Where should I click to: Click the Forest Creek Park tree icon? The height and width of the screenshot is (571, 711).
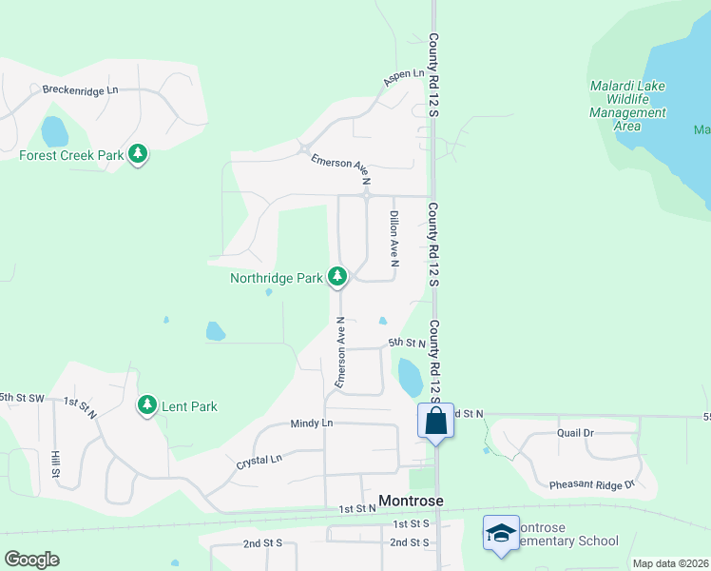(139, 154)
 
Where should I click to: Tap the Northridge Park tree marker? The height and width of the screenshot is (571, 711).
(336, 277)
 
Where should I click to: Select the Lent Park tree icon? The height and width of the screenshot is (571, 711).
(146, 405)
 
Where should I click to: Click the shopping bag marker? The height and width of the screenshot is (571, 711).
(435, 421)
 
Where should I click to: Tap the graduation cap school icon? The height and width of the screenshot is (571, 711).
(501, 533)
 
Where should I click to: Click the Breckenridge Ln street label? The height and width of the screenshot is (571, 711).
(80, 89)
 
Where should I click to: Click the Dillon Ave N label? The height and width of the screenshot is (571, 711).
(394, 238)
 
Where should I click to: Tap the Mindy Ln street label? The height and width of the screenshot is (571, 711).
(312, 423)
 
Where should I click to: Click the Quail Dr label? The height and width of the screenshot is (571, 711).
(575, 432)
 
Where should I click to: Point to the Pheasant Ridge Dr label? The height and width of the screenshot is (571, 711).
(591, 485)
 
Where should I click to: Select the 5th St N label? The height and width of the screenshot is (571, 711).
(406, 343)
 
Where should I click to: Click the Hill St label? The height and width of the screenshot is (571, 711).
(56, 464)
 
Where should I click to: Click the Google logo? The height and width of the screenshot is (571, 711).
(31, 560)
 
